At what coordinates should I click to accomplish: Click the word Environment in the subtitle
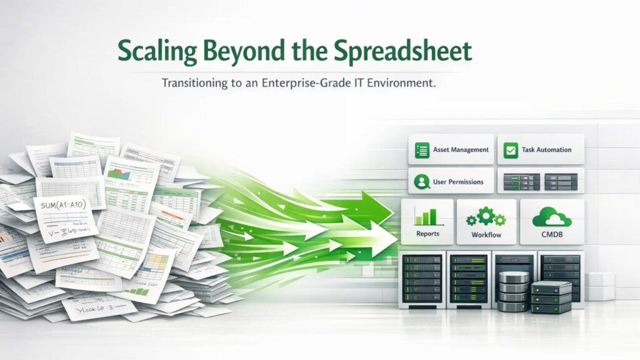click(x=396, y=84)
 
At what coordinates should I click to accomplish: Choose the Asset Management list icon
click(x=423, y=150)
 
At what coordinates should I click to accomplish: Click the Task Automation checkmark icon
click(x=511, y=150)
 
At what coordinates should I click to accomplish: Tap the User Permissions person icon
click(x=422, y=182)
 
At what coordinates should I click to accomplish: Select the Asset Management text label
click(x=461, y=150)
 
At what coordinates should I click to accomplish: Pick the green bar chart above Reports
click(x=428, y=217)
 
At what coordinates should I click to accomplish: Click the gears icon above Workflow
click(x=486, y=217)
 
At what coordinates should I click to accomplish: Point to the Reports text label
click(x=428, y=234)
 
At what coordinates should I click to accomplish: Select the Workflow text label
click(x=486, y=236)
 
